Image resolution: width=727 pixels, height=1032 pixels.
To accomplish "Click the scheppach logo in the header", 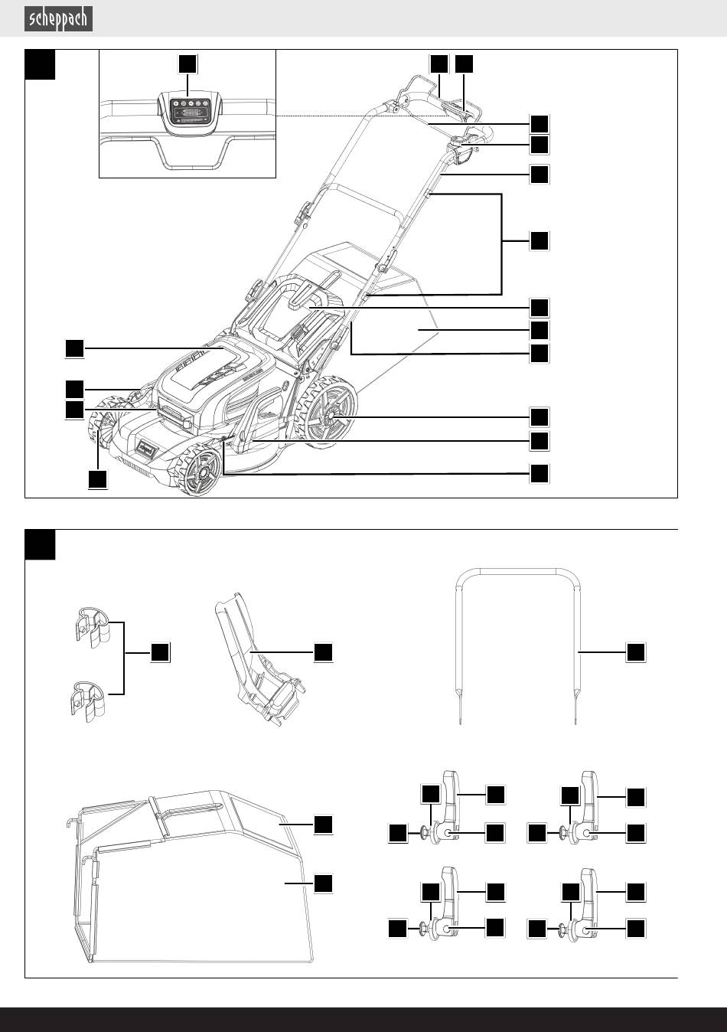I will coord(59,18).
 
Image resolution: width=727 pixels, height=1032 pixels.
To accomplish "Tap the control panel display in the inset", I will coord(187,113).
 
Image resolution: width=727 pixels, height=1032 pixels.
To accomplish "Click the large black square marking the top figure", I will coord(40,64).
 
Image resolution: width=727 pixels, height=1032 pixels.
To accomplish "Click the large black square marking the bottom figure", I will coord(40,544).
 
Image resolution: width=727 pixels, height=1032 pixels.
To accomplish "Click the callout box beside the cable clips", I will coord(160,652).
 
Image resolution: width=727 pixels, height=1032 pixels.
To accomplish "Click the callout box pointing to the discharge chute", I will coord(323,652).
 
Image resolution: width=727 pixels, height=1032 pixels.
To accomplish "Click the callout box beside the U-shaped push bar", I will coord(636,652).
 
